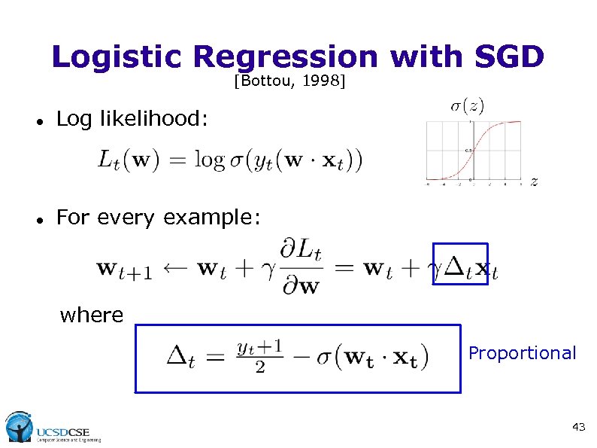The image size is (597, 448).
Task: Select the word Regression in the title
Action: (285, 57)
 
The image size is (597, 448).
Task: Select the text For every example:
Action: (159, 218)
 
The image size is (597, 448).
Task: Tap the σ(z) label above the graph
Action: (467, 106)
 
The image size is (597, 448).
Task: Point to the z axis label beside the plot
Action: (534, 181)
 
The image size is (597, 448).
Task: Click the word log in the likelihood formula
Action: (209, 160)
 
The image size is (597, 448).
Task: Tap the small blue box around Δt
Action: (461, 264)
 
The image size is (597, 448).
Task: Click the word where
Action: (91, 315)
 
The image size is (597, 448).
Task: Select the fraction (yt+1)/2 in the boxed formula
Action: (259, 355)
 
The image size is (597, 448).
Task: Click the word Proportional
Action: (522, 353)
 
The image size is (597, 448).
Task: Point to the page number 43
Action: (578, 427)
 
